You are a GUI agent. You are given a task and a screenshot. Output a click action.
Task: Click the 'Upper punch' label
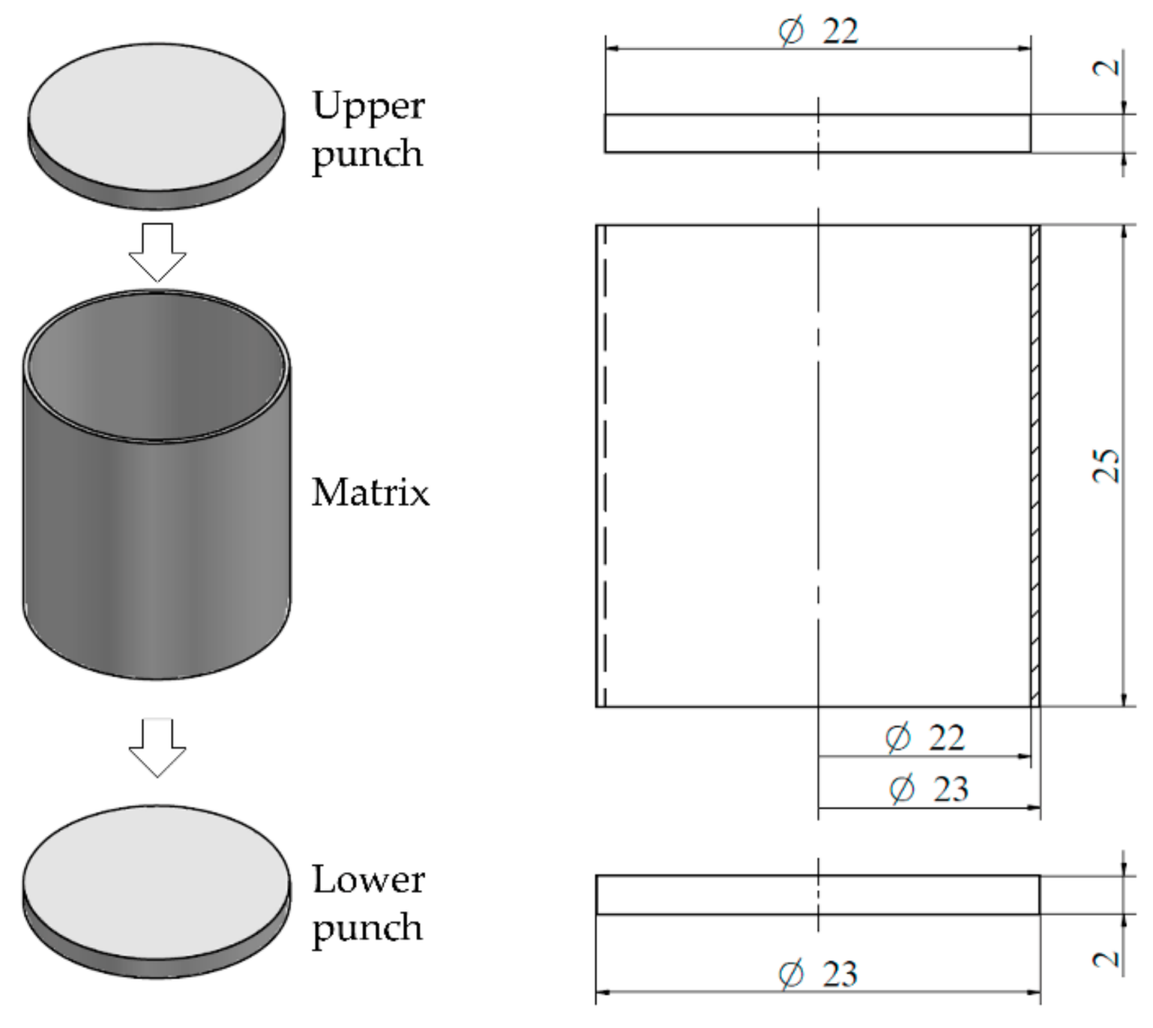click(x=368, y=130)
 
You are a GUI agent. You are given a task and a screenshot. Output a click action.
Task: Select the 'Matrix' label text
click(x=370, y=493)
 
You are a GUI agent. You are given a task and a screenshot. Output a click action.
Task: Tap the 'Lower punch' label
click(x=368, y=903)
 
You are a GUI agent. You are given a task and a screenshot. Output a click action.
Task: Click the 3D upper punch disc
click(x=157, y=120)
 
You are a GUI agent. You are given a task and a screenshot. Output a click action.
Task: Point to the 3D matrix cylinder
click(x=157, y=524)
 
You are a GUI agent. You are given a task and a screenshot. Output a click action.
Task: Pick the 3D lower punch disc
click(x=157, y=883)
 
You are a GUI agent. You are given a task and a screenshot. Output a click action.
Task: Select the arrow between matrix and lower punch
click(x=157, y=747)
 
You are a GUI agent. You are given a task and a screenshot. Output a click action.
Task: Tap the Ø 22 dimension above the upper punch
click(x=818, y=31)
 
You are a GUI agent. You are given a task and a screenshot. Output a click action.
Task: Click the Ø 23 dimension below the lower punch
click(x=818, y=974)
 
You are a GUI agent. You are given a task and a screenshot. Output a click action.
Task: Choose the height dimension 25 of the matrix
click(x=1107, y=466)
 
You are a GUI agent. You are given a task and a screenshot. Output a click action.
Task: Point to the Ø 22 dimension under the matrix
click(x=924, y=738)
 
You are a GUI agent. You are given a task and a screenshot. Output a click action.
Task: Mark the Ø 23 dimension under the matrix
click(x=929, y=789)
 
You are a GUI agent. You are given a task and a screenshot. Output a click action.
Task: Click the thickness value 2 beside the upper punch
click(x=1107, y=67)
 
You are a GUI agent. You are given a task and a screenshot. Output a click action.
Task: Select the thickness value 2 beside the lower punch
click(x=1107, y=959)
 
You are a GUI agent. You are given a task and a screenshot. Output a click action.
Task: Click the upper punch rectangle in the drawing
click(x=712, y=133)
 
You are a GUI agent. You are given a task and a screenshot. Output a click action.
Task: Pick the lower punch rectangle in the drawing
click(x=712, y=895)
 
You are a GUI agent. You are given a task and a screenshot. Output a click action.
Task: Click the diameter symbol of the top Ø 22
click(x=791, y=31)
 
